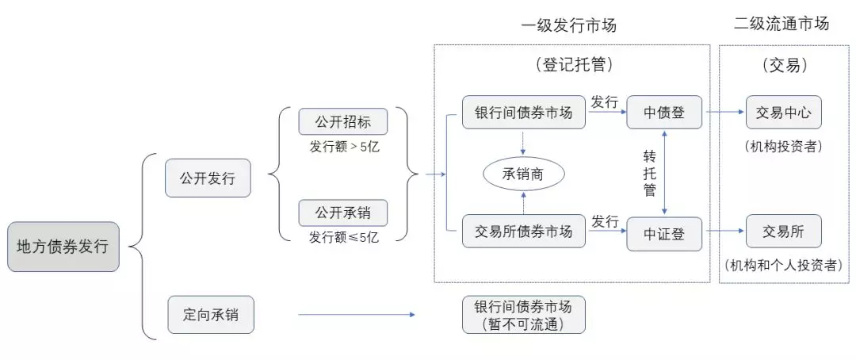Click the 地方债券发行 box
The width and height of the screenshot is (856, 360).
(63, 247)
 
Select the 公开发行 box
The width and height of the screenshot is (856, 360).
(208, 178)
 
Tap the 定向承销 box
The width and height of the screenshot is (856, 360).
(211, 315)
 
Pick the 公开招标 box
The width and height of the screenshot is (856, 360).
(343, 122)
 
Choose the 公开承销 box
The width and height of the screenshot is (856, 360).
(343, 213)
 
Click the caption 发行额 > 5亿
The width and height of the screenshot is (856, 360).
(343, 147)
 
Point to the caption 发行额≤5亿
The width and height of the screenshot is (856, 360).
(343, 238)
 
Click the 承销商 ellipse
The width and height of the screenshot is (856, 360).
(524, 174)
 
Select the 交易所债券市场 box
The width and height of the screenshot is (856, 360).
(524, 232)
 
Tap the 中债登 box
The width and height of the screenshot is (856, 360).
(664, 113)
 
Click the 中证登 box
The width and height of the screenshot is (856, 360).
(664, 234)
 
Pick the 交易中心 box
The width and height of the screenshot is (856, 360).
(783, 113)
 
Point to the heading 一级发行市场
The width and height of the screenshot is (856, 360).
(569, 25)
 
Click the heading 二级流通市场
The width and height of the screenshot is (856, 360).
(781, 24)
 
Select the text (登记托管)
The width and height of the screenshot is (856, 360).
(571, 65)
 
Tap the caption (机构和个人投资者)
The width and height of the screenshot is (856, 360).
(783, 266)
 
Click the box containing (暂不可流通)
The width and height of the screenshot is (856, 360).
(524, 315)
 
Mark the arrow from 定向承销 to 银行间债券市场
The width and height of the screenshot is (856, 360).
(357, 315)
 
